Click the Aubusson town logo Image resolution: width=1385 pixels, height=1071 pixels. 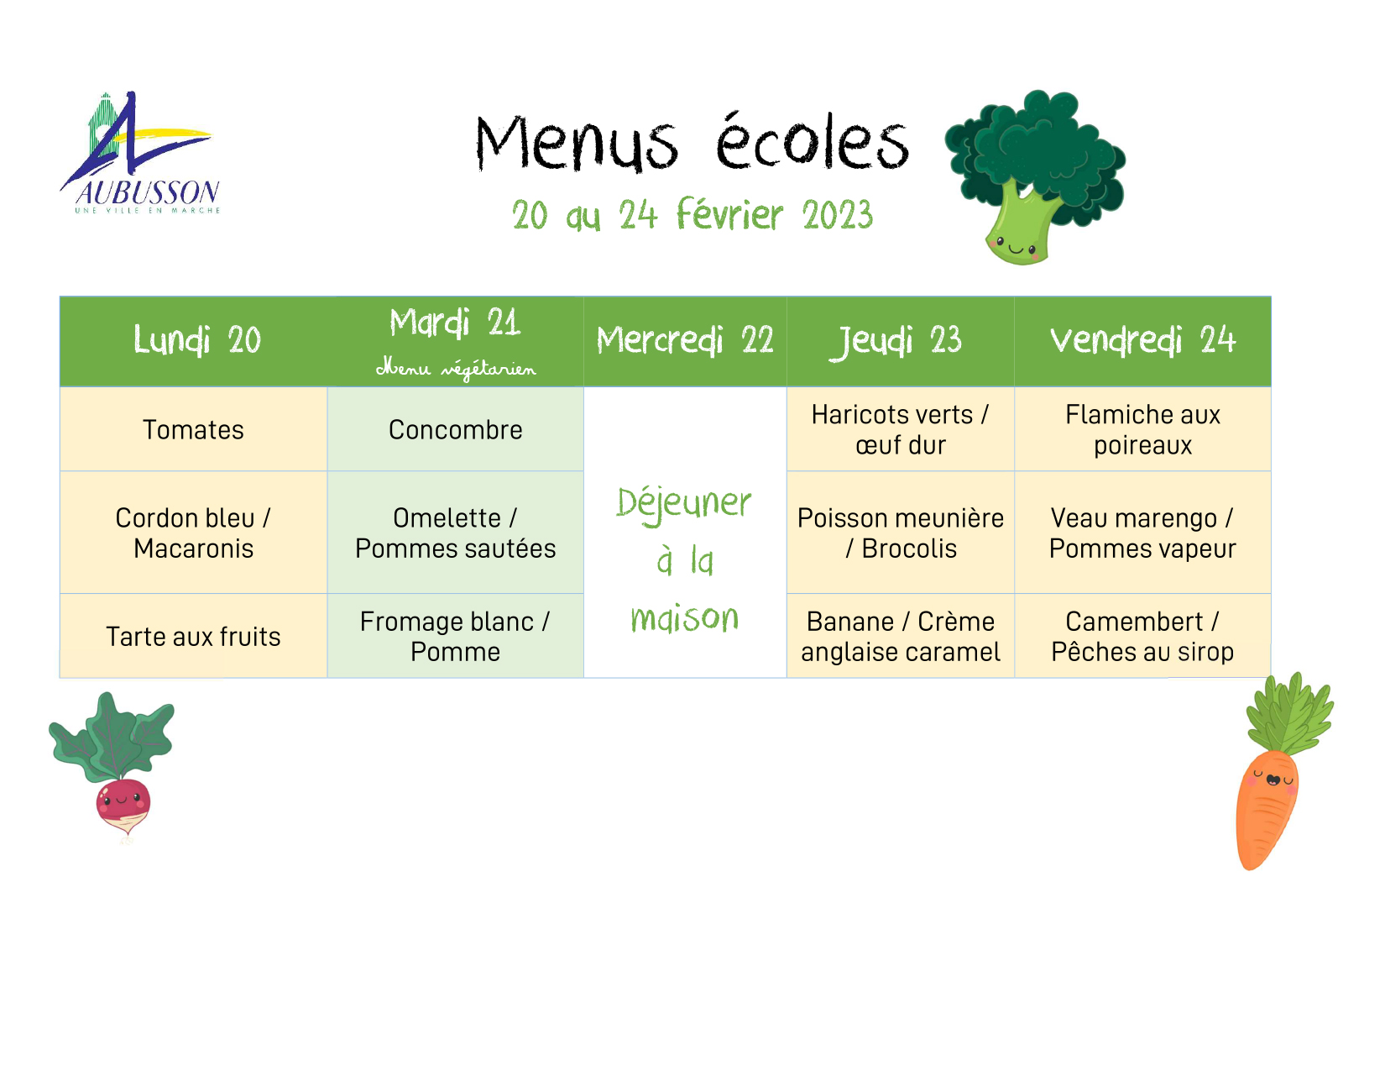click(140, 153)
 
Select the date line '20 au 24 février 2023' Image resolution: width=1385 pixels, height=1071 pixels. click(692, 215)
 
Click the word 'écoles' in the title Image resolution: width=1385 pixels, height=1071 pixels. click(813, 142)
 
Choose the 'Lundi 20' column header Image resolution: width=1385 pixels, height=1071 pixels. click(197, 340)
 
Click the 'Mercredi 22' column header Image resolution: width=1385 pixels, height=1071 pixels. click(685, 340)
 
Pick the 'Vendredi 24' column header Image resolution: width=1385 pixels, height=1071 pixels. click(1142, 340)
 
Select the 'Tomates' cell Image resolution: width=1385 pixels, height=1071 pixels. click(193, 430)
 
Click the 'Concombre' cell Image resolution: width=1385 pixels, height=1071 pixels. click(456, 430)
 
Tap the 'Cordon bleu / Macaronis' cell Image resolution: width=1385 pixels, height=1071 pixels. click(193, 533)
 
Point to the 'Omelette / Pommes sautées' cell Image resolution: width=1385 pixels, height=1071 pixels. click(456, 533)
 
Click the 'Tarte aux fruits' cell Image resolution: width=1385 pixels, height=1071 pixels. click(193, 637)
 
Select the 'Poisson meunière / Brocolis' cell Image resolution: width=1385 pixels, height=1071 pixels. click(901, 533)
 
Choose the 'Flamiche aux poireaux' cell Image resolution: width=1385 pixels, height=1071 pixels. click(1142, 430)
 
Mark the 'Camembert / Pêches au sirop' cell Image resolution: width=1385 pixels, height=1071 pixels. click(1142, 637)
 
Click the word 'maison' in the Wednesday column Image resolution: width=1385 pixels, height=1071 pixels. click(685, 617)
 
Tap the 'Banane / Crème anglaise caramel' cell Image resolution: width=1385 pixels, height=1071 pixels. click(901, 637)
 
